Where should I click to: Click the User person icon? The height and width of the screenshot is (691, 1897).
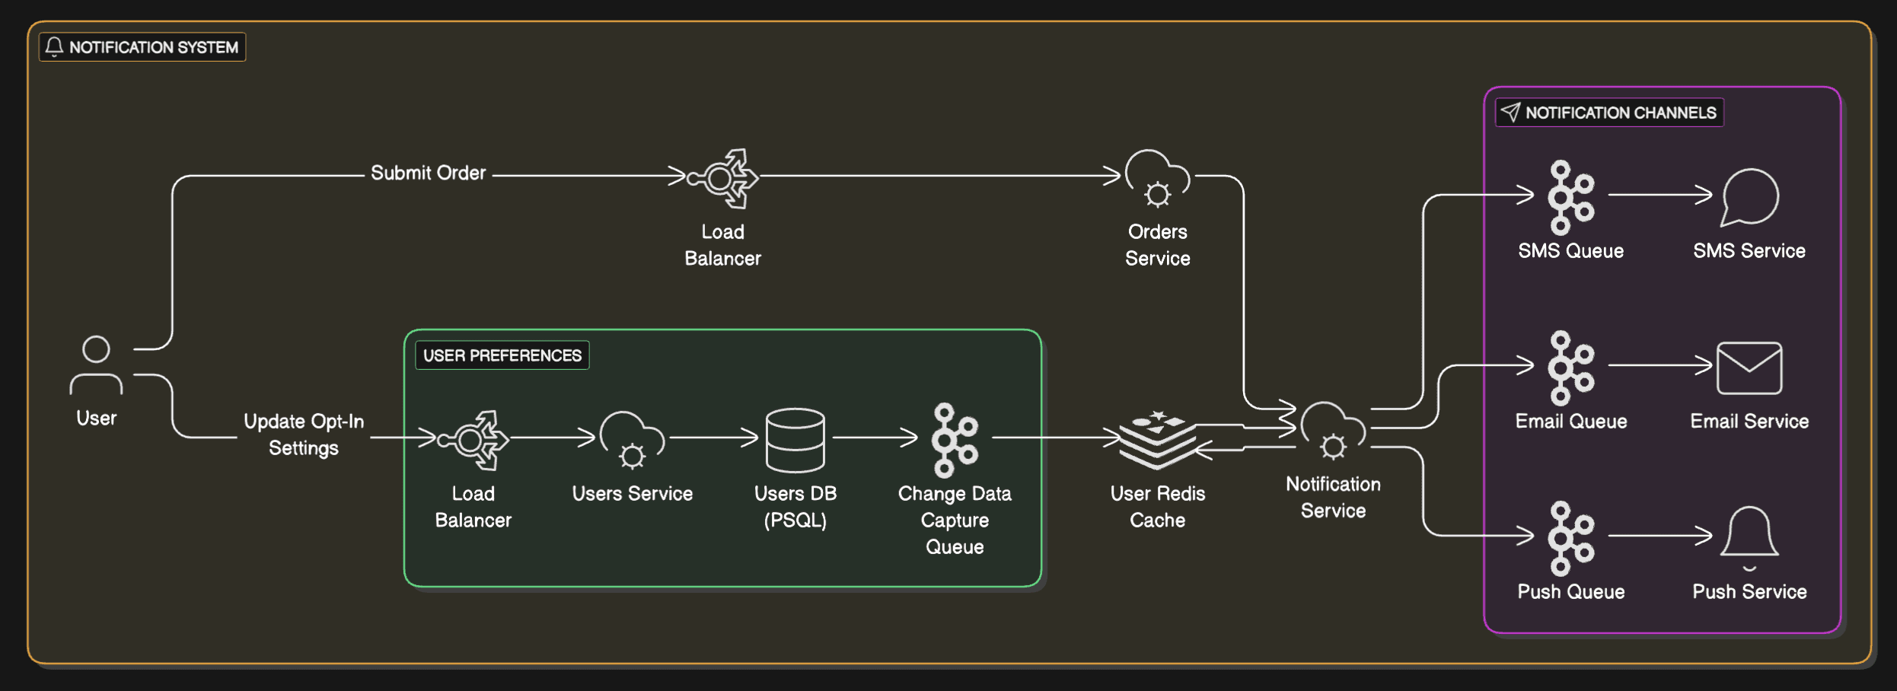click(96, 365)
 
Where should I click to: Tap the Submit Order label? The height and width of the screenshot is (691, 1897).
click(428, 173)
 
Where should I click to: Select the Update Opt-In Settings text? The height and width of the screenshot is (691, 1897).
click(304, 435)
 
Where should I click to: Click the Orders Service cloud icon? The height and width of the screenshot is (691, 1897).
click(1157, 179)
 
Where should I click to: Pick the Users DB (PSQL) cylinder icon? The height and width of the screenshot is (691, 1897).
click(795, 440)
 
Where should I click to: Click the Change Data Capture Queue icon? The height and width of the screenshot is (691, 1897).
click(955, 440)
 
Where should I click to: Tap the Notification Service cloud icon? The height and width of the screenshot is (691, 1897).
click(1332, 431)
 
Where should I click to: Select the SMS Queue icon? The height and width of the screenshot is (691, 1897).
click(1570, 197)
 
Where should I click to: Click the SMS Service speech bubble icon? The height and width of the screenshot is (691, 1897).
click(1749, 197)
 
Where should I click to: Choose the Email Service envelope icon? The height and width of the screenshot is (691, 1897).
click(1749, 368)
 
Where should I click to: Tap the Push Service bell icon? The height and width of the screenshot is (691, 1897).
click(1749, 536)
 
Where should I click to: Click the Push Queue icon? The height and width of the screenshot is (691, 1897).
click(1570, 538)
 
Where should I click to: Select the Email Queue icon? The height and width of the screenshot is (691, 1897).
click(1570, 368)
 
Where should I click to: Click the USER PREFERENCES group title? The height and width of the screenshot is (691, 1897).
click(502, 355)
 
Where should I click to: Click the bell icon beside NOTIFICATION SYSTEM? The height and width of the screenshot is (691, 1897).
click(54, 47)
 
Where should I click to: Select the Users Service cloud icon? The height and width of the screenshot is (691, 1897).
click(632, 440)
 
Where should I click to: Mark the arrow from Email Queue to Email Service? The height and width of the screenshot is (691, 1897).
click(1659, 365)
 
